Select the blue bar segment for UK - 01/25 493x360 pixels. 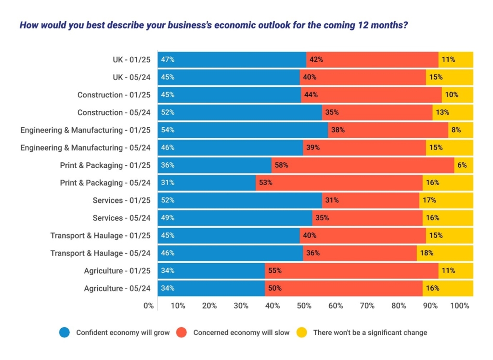(232, 60)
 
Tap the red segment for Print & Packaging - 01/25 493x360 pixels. (363, 165)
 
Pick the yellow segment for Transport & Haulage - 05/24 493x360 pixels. (445, 253)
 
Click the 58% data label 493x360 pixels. (281, 165)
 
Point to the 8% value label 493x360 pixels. (456, 130)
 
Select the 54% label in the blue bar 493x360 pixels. (168, 130)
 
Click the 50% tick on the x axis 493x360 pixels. (304, 306)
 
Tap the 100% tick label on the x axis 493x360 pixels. (460, 306)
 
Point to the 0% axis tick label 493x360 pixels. (149, 306)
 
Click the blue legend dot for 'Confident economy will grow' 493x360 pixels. (65, 333)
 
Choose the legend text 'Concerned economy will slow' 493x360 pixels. (241, 333)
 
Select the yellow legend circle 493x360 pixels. (302, 333)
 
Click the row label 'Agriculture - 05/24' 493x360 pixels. (117, 289)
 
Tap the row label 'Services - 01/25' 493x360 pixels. (121, 200)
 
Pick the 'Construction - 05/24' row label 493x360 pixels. (114, 113)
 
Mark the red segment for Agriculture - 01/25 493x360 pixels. (351, 271)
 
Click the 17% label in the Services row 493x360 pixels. (429, 200)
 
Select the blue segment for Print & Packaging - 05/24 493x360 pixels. (207, 183)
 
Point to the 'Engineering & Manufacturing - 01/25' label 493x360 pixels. (86, 130)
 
